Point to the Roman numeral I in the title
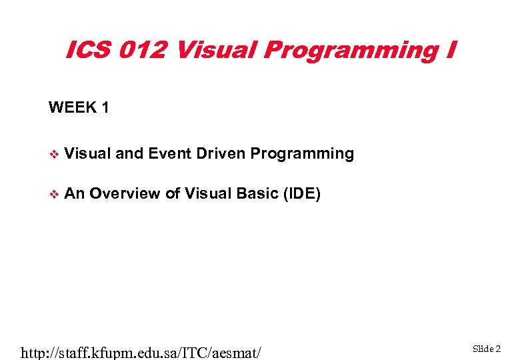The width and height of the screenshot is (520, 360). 451,50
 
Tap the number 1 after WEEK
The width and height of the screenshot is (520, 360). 105,107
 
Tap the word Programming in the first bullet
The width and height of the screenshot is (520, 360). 302,155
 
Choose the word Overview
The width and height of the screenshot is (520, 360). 125,193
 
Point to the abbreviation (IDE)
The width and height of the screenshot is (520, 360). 302,194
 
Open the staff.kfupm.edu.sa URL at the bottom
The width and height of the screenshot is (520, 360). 141,351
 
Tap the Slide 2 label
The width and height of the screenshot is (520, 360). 487,349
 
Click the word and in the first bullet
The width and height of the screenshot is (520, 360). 129,153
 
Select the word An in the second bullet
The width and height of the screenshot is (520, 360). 75,193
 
